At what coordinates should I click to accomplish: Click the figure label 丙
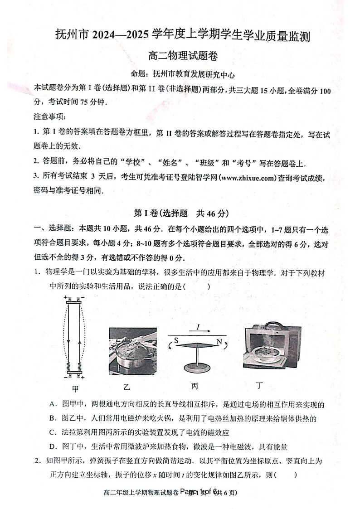[195, 386]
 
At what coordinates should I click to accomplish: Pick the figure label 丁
[259, 386]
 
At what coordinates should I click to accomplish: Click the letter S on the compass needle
[176, 339]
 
